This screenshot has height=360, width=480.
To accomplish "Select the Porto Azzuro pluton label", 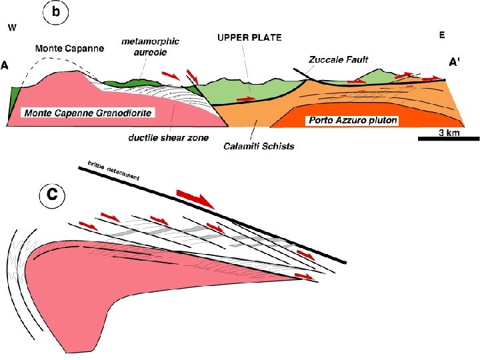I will coord(351,121).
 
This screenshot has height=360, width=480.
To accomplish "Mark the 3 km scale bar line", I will coord(449,139).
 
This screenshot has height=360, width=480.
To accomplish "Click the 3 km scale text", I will coord(449,132).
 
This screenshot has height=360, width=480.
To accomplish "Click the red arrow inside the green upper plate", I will coord(247,99).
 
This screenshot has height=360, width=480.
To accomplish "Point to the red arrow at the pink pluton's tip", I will coord(303,275).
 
